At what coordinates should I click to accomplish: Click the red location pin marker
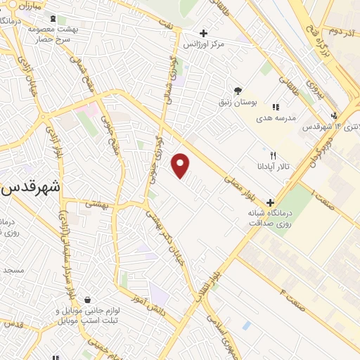coord(181,165)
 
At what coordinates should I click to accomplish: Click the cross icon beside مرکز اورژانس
coord(203,33)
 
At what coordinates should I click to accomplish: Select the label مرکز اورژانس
coord(203,44)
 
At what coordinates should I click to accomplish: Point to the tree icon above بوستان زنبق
coord(238,91)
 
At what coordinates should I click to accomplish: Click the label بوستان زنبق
coord(238,103)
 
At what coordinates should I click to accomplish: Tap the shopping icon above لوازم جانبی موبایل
coord(86,300)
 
